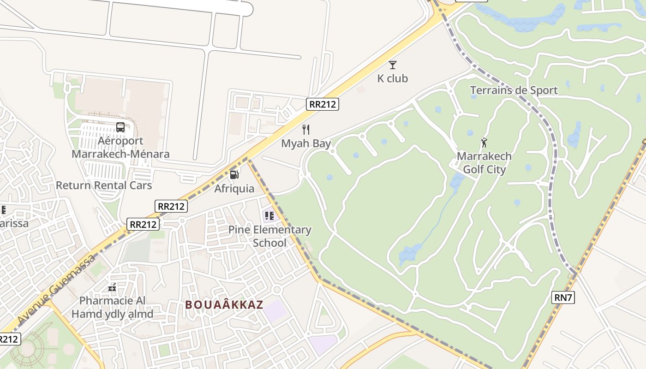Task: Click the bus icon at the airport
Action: coord(120,127)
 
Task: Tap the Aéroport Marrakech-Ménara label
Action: coord(120,147)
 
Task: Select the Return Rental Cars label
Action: coord(104,185)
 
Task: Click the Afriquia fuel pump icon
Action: coord(234,175)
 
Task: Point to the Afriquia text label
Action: coord(234,189)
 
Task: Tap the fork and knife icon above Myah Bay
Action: coord(306,130)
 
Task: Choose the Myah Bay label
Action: coord(306,143)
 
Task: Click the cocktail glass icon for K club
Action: coord(393,65)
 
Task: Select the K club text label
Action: coord(393,78)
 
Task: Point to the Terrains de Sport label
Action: coord(514,90)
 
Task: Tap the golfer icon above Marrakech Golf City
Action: coord(484,142)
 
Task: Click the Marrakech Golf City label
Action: coord(484,163)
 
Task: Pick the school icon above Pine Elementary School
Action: coord(269,215)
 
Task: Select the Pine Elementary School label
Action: coord(270,236)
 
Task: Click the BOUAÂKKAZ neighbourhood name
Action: coord(224,305)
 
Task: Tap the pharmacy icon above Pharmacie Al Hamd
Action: coord(112,288)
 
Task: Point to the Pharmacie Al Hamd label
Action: coord(112,307)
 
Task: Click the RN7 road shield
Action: coord(563,298)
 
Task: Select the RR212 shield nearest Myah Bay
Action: coord(323,104)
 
